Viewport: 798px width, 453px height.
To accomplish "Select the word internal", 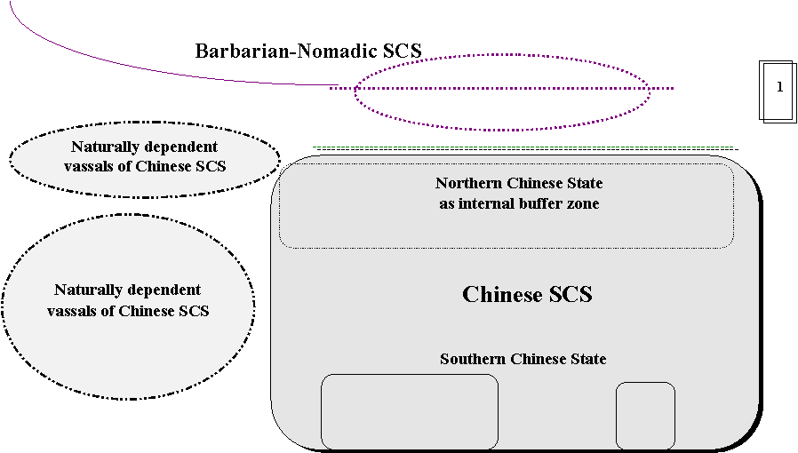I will [490, 204].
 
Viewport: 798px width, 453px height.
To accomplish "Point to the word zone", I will [585, 204].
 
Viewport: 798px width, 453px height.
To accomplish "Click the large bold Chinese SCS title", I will [527, 295].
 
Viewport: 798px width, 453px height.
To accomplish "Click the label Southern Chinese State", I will [523, 360].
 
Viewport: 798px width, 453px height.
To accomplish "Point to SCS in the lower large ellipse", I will [194, 311].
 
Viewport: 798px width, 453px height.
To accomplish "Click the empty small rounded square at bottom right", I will [645, 416].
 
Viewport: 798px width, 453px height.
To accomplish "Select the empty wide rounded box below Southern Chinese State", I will [409, 411].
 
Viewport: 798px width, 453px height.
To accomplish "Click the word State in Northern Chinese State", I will [583, 184].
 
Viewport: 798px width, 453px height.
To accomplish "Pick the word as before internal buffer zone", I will [447, 204].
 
